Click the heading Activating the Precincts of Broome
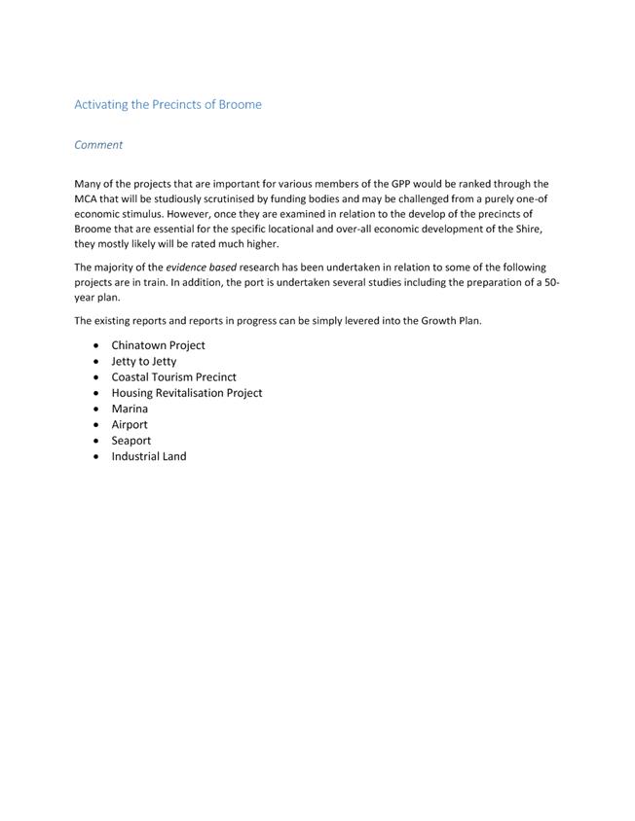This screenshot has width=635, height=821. (168, 104)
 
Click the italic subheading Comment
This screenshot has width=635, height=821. (98, 145)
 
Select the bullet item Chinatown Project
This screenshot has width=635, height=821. (158, 345)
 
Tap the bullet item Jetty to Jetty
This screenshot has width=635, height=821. (143, 361)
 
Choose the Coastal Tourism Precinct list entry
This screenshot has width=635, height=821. (173, 376)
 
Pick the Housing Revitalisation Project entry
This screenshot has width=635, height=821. (186, 393)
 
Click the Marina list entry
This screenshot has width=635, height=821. (130, 409)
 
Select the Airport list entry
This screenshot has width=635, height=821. (130, 425)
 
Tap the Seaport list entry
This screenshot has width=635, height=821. (131, 441)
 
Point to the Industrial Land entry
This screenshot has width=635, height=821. (148, 456)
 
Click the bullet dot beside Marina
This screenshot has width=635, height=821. (95, 410)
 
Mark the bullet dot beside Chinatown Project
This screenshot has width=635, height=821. (95, 345)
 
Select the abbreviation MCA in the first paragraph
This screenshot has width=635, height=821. (89, 198)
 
